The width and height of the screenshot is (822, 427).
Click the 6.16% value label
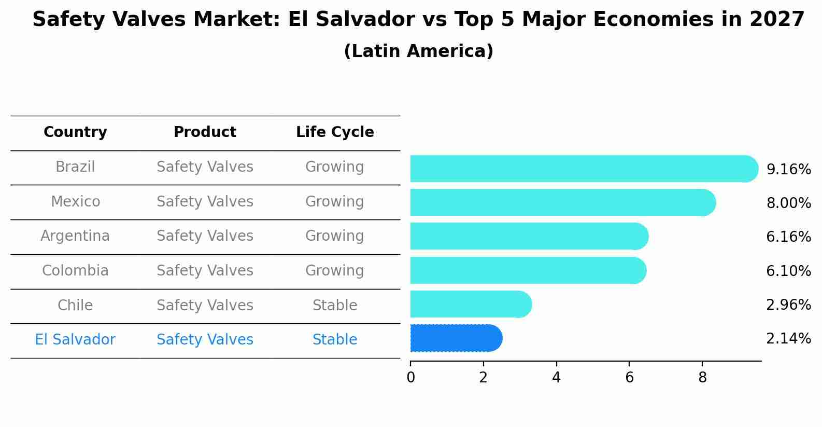pyautogui.click(x=788, y=237)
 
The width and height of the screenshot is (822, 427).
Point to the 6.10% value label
pyautogui.click(x=788, y=271)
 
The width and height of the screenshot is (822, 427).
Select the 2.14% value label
pyautogui.click(x=788, y=339)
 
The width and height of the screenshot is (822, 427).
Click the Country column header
pyautogui.click(x=75, y=132)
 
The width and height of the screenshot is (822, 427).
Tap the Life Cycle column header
pyautogui.click(x=335, y=132)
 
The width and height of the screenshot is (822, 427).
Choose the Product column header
pyautogui.click(x=205, y=132)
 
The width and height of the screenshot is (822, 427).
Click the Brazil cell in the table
pyautogui.click(x=75, y=167)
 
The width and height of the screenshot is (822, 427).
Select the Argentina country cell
pyautogui.click(x=75, y=236)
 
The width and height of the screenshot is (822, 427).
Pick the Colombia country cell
pyautogui.click(x=75, y=271)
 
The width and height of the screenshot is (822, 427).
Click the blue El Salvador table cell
pyautogui.click(x=75, y=340)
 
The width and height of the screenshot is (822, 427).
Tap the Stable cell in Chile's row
pyautogui.click(x=335, y=305)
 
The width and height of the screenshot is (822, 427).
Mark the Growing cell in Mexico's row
pyautogui.click(x=335, y=201)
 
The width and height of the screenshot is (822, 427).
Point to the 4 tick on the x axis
pyautogui.click(x=556, y=378)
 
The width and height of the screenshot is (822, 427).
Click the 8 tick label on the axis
pyautogui.click(x=702, y=378)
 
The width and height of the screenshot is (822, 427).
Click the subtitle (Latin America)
pyautogui.click(x=418, y=51)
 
